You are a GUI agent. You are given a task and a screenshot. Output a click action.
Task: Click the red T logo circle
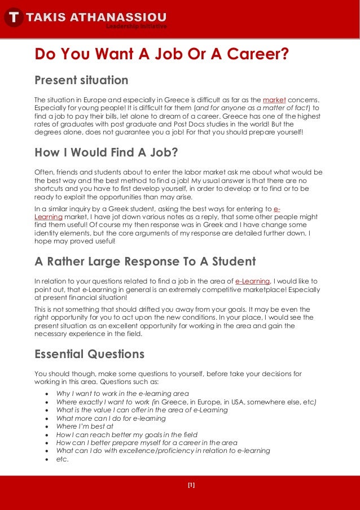pyautogui.click(x=14, y=18)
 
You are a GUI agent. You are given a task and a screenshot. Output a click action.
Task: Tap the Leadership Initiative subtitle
pyautogui.click(x=136, y=26)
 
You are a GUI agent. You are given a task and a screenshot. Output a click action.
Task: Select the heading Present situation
pyautogui.click(x=81, y=80)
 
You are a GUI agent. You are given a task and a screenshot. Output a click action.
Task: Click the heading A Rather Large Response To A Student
pyautogui.click(x=145, y=261)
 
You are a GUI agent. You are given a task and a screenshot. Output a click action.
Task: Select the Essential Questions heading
pyautogui.click(x=89, y=354)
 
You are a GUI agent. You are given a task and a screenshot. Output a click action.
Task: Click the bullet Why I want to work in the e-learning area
pyautogui.click(x=122, y=393)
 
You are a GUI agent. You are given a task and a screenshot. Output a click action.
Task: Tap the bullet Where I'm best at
pyautogui.click(x=85, y=426)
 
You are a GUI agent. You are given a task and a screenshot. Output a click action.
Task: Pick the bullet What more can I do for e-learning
pyautogui.click(x=111, y=419)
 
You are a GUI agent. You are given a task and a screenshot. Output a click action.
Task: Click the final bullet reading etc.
pyautogui.click(x=62, y=459)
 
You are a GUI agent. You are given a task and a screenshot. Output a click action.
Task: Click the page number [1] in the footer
pyautogui.click(x=191, y=485)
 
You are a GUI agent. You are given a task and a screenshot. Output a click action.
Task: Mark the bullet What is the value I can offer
pyautogui.click(x=142, y=410)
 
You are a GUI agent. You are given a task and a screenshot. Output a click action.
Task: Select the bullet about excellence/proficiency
pyautogui.click(x=163, y=451)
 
